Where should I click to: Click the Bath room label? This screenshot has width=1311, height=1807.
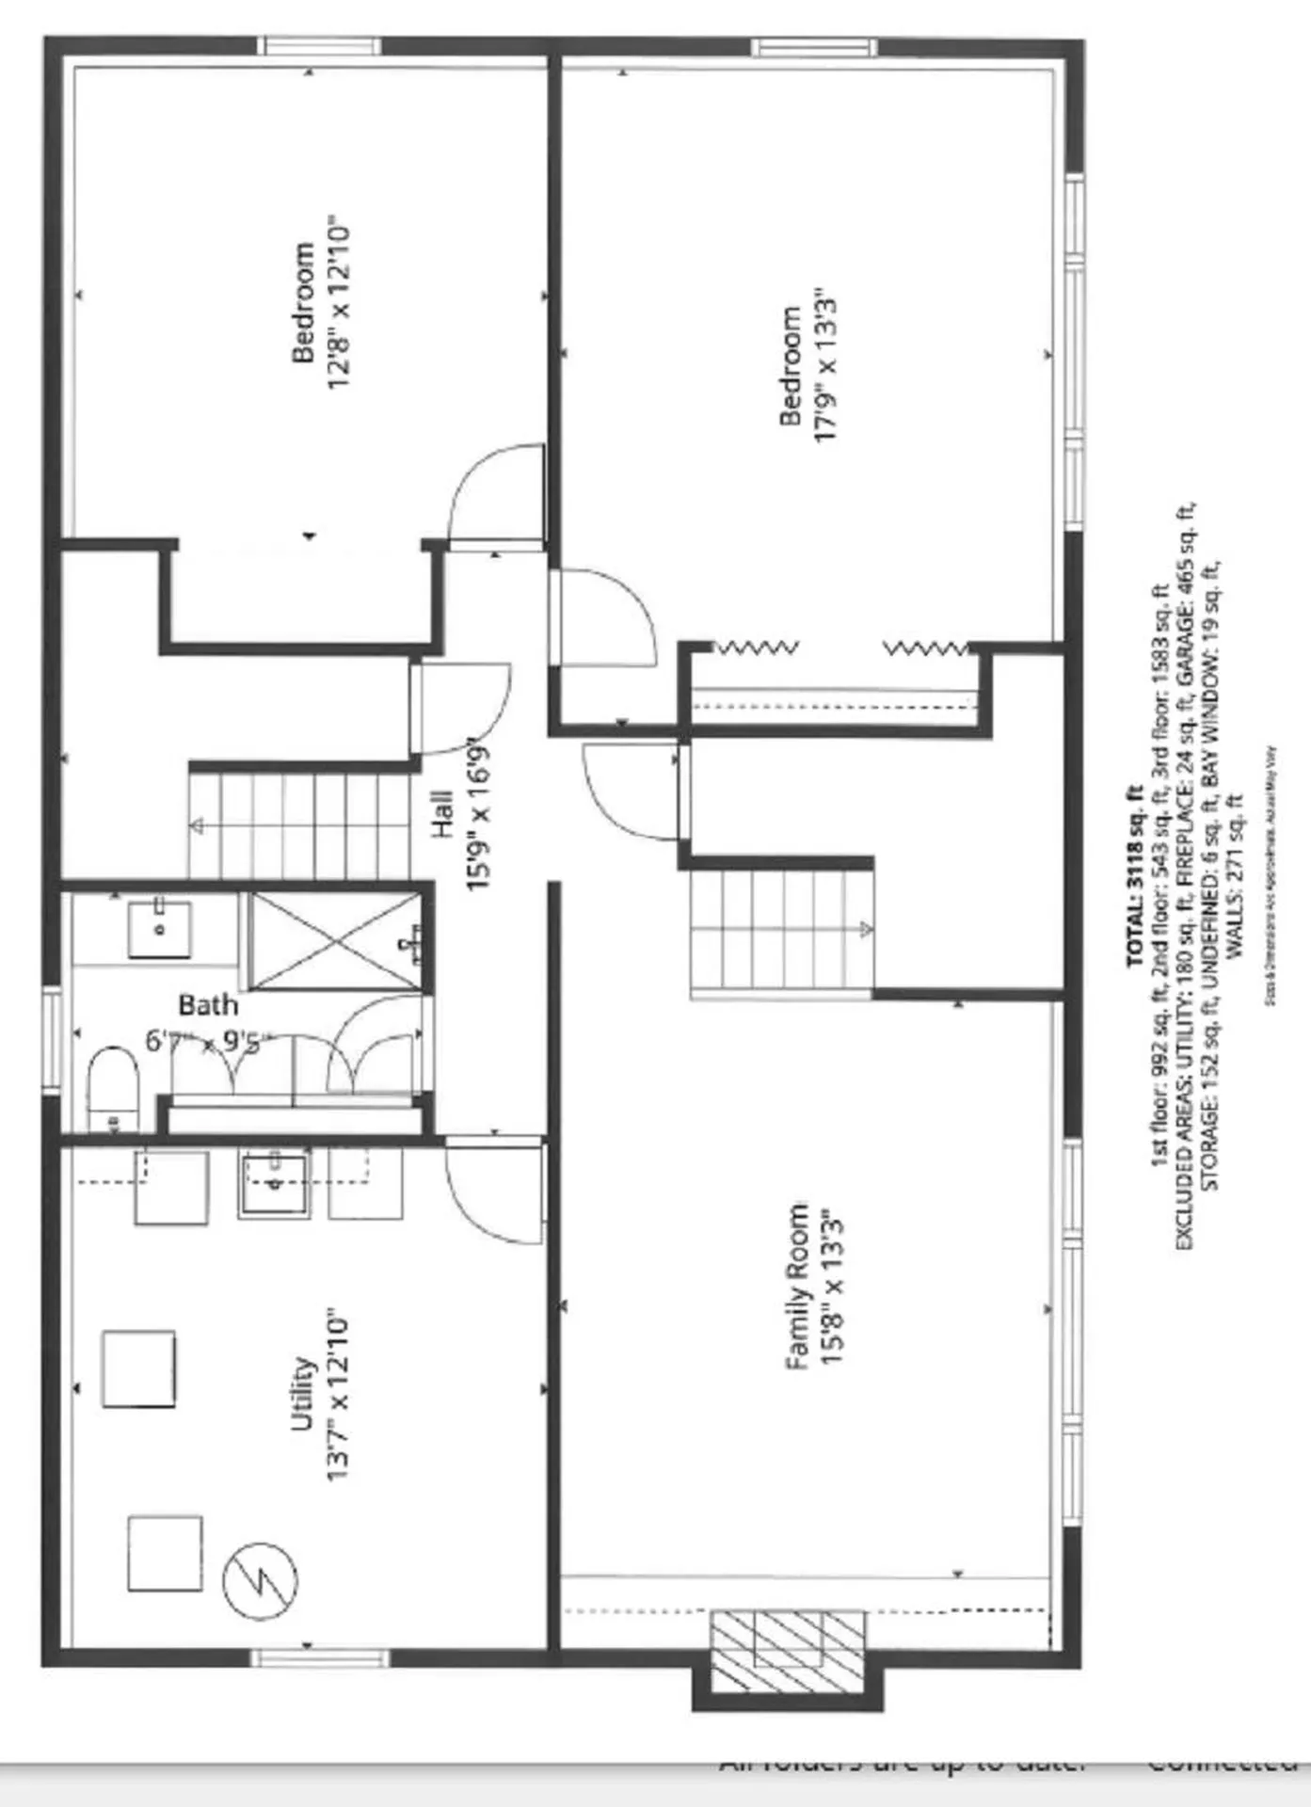[208, 1005]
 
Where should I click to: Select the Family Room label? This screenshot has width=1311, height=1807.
[797, 1287]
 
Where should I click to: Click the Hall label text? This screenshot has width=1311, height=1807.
[443, 814]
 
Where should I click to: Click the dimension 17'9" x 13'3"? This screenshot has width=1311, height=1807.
[825, 366]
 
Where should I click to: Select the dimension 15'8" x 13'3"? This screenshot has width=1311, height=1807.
[832, 1287]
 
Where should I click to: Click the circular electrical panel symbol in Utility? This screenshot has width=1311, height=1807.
[260, 1581]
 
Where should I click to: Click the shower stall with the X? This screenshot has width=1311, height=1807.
[336, 941]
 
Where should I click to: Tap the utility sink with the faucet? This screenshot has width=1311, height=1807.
[274, 1185]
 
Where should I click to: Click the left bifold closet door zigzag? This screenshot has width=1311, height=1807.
[757, 648]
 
